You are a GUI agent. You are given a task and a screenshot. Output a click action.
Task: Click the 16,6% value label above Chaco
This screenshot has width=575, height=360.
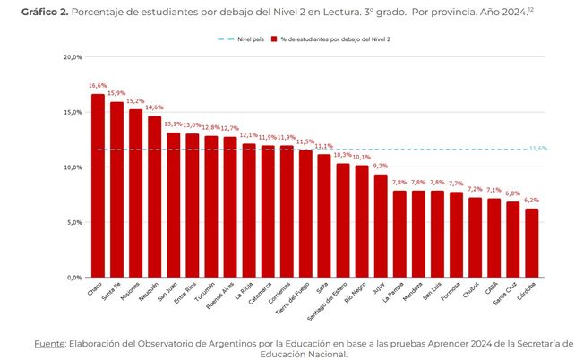[x=98, y=86]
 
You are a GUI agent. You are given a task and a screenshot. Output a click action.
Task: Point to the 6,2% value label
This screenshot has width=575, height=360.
[x=532, y=201]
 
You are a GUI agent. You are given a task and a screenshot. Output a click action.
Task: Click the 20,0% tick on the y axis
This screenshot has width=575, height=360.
[x=72, y=57]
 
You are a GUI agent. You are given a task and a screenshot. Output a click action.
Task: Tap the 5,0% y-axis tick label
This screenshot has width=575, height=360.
[x=73, y=222]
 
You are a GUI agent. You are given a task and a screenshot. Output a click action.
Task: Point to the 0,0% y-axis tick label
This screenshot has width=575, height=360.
[x=73, y=278]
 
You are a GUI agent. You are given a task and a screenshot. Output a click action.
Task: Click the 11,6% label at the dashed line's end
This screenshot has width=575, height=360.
[x=538, y=149]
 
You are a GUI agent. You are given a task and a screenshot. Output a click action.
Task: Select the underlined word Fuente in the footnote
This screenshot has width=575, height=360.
[x=51, y=342]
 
